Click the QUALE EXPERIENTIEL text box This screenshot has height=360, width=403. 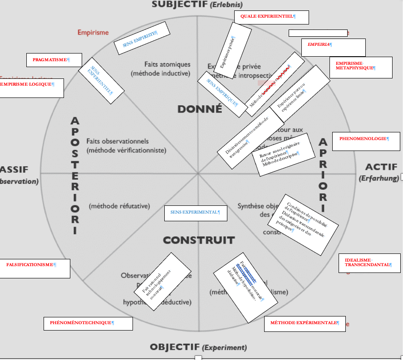tap(271, 17)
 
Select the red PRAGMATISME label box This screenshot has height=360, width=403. tap(54, 60)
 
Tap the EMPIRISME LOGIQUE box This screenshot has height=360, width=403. tap(31, 88)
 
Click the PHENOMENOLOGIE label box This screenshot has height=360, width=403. tap(366, 141)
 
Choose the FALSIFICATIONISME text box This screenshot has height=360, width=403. tap(35, 268)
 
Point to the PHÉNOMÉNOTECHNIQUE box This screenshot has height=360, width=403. tap(88, 323)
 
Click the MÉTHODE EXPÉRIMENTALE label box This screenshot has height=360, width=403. tap(305, 323)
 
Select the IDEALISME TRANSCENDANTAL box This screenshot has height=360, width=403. tap(370, 263)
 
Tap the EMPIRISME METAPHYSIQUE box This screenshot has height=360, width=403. tap(361, 67)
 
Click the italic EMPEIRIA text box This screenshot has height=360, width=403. tap(333, 47)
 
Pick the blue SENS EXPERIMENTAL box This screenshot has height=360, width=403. tap(195, 213)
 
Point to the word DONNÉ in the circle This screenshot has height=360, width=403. tap(200, 109)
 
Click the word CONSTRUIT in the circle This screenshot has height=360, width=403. tap(199, 240)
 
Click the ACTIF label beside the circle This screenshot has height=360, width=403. tap(381, 167)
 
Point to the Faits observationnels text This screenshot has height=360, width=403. tap(118, 141)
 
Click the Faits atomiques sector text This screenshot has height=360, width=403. tap(167, 64)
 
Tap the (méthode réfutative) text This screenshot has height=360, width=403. tap(119, 206)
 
